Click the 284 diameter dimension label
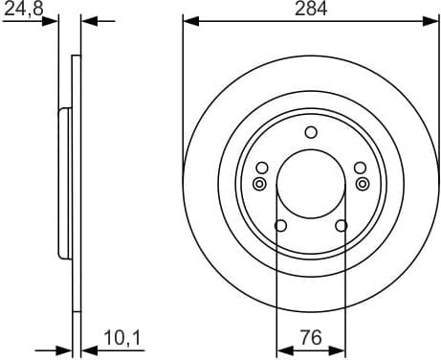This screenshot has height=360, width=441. point(311,9)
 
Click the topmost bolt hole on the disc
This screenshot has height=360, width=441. point(310,132)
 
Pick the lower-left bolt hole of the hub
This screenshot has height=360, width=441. point(280,226)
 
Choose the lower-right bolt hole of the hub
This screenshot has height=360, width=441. point(341,226)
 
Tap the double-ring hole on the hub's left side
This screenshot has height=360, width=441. point(259,184)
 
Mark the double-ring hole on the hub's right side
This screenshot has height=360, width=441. point(361,184)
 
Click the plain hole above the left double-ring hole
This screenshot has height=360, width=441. point(261,169)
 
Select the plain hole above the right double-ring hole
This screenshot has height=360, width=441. point(360,169)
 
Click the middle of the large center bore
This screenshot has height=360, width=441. point(310,183)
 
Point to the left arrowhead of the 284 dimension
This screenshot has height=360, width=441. point(188,20)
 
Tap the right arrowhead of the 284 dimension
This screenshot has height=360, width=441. point(432,20)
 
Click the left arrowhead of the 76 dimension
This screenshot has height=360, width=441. point(281,349)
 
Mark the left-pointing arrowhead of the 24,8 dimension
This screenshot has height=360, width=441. point(87,20)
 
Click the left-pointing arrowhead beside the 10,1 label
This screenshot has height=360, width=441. point(87,349)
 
